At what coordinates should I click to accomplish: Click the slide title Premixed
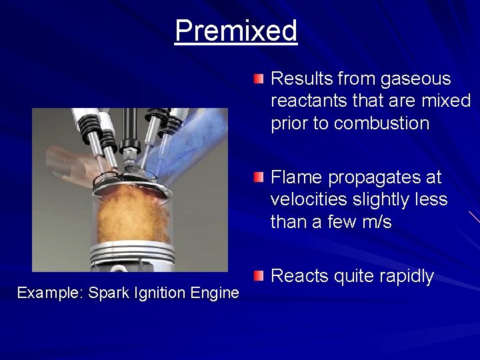(x=236, y=31)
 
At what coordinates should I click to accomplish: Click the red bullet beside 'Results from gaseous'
(x=259, y=79)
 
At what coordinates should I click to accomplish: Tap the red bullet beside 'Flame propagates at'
(x=259, y=178)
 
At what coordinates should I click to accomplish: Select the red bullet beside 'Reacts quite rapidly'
(x=259, y=275)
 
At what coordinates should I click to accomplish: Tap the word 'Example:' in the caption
(x=50, y=293)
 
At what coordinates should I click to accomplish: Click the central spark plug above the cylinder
(x=131, y=133)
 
